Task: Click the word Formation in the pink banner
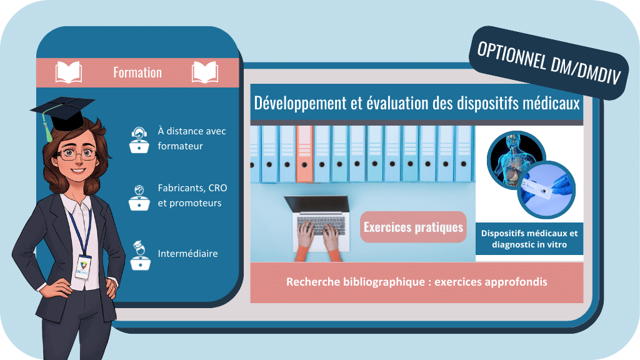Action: pyautogui.click(x=137, y=72)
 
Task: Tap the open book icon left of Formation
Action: pyautogui.click(x=69, y=72)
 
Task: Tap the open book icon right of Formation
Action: pyautogui.click(x=205, y=72)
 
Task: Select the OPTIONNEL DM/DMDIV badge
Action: pyautogui.click(x=549, y=63)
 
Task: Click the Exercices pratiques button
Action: pyautogui.click(x=413, y=227)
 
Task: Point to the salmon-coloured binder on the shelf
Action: pyautogui.click(x=304, y=154)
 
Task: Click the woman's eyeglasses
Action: pyautogui.click(x=77, y=154)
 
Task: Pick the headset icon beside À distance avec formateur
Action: pyautogui.click(x=139, y=139)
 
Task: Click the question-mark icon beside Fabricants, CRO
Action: pyautogui.click(x=139, y=197)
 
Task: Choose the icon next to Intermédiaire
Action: pyautogui.click(x=140, y=256)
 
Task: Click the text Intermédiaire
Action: pyautogui.click(x=187, y=254)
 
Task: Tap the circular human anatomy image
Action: pyautogui.click(x=515, y=159)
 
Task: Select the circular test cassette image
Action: pyautogui.click(x=546, y=190)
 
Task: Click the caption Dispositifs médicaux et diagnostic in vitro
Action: pyautogui.click(x=529, y=239)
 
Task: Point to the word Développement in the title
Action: pyautogui.click(x=300, y=103)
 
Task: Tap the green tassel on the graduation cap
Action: pyautogui.click(x=47, y=126)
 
